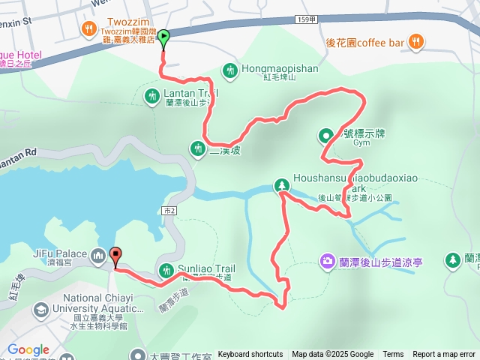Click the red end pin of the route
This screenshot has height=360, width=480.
tap(115, 256)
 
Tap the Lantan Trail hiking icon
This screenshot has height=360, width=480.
tap(151, 94)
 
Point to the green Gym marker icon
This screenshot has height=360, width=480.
tap(326, 136)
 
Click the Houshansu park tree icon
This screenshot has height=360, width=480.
tap(280, 185)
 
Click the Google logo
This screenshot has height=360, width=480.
tap(28, 350)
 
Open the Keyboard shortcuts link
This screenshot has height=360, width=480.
tap(250, 355)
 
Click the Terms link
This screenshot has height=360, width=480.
tap(393, 355)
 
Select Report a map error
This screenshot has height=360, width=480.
tap(445, 355)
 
